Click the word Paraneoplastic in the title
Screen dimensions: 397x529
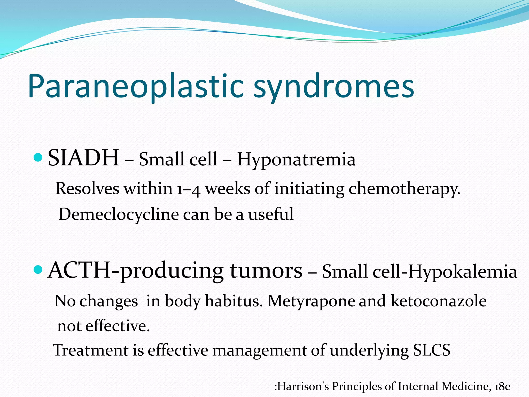[136, 87]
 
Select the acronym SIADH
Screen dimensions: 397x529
[83, 158]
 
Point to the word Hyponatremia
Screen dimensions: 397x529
[296, 159]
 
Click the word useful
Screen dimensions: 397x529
[271, 214]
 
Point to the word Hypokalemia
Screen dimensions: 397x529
[462, 272]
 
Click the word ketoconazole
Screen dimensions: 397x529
[439, 301]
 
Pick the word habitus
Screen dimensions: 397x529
[234, 301]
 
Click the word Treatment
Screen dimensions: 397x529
[90, 350]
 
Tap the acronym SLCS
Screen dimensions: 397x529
[432, 350]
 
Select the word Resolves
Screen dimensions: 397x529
[88, 189]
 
